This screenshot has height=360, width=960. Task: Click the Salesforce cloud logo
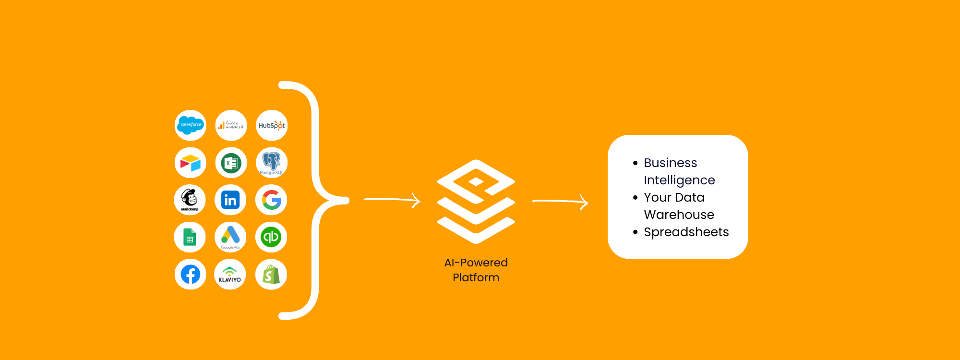[191, 125]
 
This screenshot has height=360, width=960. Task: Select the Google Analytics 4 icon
[231, 125]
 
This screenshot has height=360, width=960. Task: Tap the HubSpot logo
[272, 125]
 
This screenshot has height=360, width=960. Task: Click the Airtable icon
[191, 163]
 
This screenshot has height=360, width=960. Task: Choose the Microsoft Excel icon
[231, 163]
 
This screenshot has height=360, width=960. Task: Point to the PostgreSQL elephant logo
[272, 163]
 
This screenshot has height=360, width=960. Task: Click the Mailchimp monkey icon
[190, 200]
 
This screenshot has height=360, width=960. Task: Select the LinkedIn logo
[230, 200]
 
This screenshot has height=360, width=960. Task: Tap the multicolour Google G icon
[271, 200]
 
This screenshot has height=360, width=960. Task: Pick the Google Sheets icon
[190, 237]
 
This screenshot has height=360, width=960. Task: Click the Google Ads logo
[230, 237]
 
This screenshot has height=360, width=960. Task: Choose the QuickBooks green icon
[271, 237]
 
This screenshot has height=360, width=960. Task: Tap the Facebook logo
[191, 275]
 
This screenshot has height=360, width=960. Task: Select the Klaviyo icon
[230, 275]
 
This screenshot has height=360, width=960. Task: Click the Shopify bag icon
[271, 275]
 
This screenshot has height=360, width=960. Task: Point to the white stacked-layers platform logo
[476, 202]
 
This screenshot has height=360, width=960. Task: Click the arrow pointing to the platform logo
[392, 200]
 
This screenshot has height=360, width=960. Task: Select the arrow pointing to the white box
[560, 202]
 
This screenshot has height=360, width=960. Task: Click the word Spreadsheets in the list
[686, 232]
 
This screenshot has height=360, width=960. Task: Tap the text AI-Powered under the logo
[476, 263]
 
